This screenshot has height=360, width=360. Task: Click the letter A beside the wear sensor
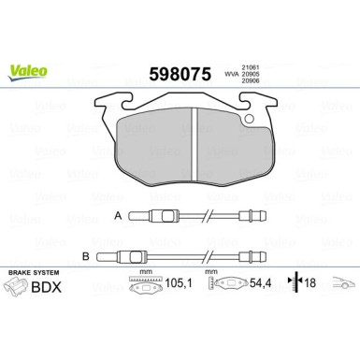[116, 216]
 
